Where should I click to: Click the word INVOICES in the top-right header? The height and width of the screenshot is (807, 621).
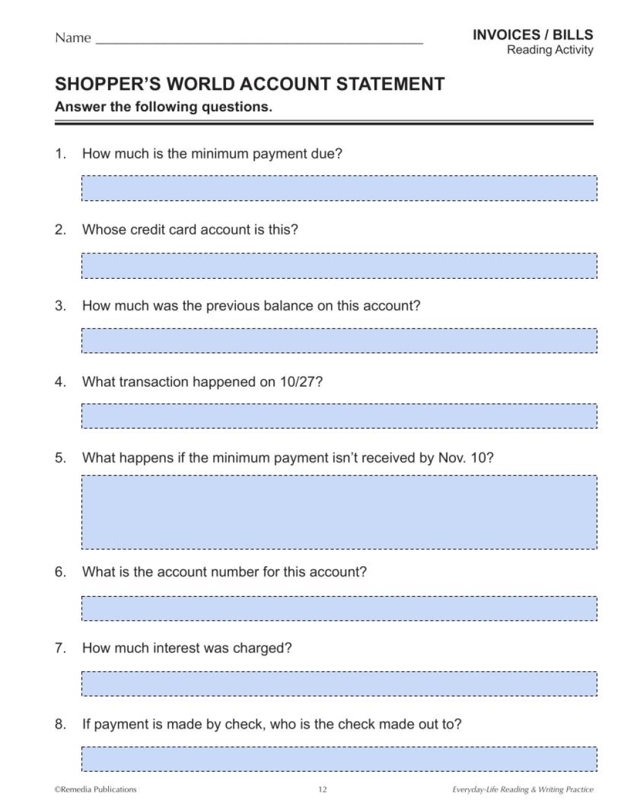504,35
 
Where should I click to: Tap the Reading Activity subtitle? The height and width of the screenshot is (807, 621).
550,50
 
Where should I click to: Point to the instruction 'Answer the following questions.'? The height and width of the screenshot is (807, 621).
163,107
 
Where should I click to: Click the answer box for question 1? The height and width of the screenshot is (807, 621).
339,188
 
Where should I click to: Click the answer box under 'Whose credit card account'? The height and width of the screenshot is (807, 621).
339,265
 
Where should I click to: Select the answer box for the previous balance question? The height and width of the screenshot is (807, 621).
339,341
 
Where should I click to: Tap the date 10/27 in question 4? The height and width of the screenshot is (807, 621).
298,382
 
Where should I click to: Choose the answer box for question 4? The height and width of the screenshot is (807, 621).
339,417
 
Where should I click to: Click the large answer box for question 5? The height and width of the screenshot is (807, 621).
339,512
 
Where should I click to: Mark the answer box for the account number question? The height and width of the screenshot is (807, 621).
339,608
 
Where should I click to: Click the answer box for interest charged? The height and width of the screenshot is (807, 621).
339,684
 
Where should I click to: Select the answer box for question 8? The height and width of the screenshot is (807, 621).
339,759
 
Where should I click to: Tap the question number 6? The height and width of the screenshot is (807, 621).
60,572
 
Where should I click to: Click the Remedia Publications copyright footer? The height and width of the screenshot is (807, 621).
96,790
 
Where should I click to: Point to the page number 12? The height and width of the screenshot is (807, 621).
322,790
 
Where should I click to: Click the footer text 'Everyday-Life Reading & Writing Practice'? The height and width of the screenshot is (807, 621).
522,790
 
